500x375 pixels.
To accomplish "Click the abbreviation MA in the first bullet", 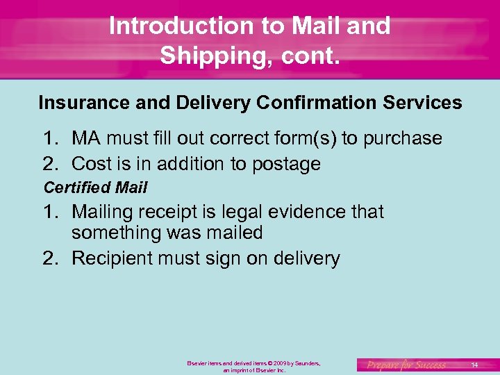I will pos(86,138).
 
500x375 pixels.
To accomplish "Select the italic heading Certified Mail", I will pos(95,187).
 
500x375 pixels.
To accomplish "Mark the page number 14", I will pos(474,365).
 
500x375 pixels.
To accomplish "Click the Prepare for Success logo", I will pos(406,365).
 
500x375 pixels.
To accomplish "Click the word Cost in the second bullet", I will pos(90,164).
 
